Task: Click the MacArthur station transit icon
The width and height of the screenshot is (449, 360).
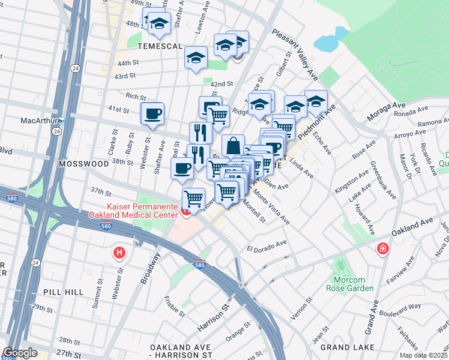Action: [61, 120]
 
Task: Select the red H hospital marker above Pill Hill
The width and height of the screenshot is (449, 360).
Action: [120, 253]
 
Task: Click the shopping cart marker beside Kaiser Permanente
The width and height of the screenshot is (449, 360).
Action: [193, 198]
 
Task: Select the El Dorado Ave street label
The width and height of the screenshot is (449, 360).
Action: [267, 246]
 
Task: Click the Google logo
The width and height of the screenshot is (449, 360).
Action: [20, 353]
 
